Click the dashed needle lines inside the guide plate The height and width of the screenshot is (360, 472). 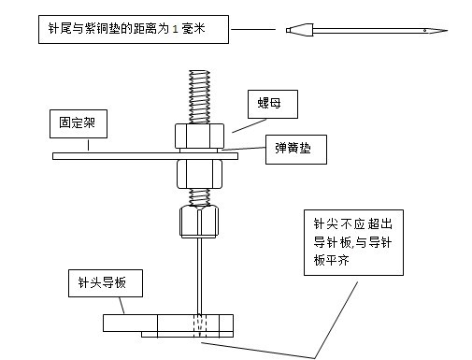coord(196,324)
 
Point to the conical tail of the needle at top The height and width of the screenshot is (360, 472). coord(298,30)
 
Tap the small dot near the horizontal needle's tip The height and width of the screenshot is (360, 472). coord(425,30)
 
